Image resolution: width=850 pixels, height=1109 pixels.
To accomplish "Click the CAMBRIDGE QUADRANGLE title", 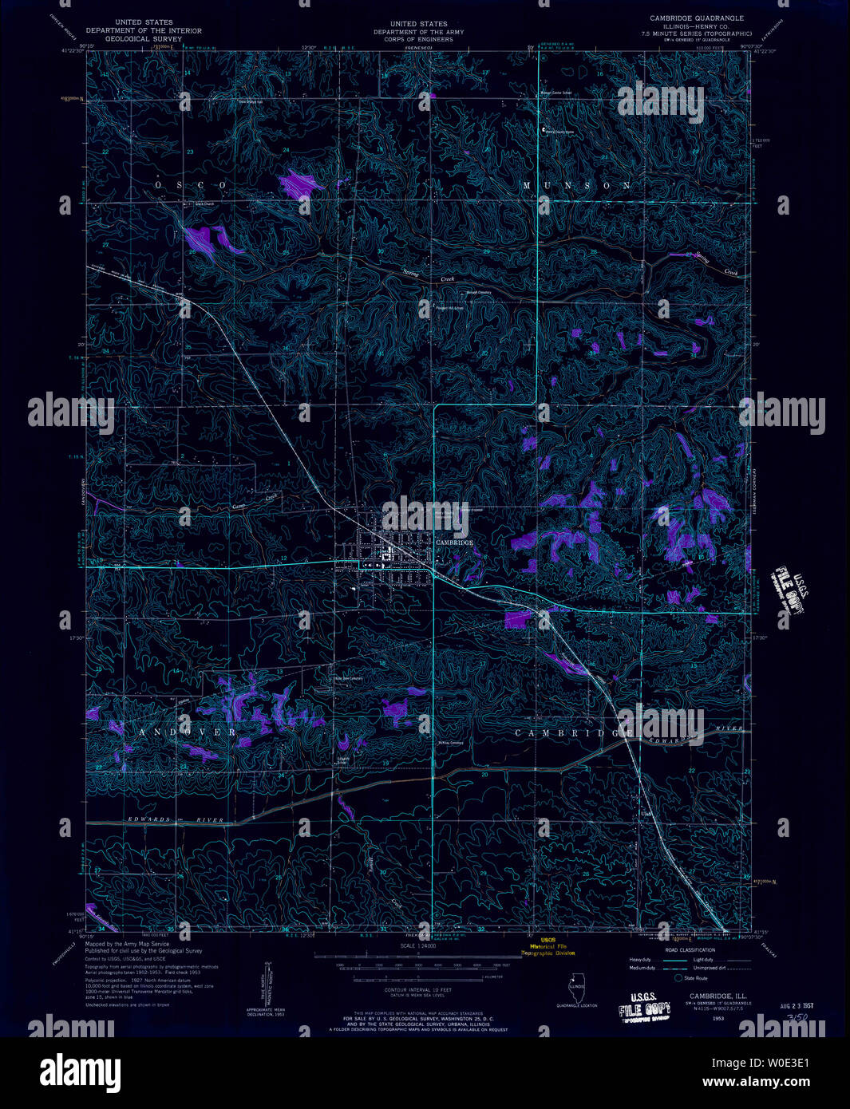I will click(x=697, y=18).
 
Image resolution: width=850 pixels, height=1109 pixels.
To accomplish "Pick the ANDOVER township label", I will click(x=188, y=732).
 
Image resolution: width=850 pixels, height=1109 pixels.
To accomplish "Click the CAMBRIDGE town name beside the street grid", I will click(x=454, y=543).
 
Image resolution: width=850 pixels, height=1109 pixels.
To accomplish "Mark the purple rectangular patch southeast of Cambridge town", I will click(x=517, y=618).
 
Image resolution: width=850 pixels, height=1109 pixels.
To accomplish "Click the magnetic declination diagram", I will click(x=265, y=989).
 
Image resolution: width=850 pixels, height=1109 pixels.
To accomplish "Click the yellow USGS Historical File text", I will click(x=547, y=946).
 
